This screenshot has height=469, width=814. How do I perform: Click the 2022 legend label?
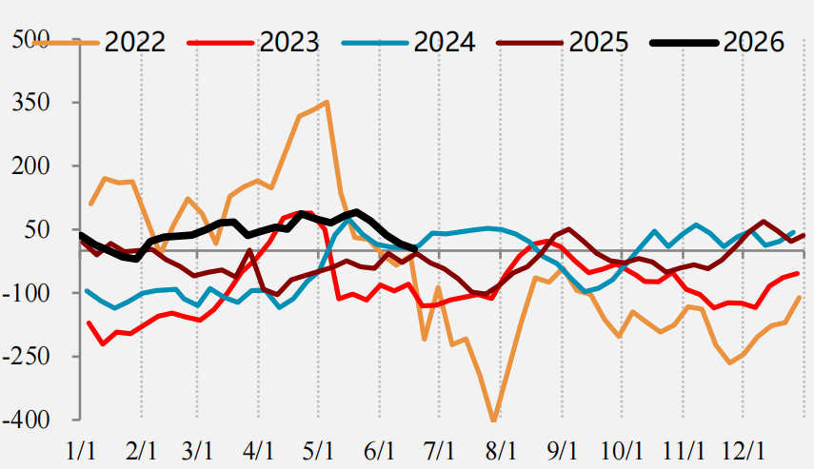point(135,42)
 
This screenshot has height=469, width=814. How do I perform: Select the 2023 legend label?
point(289,42)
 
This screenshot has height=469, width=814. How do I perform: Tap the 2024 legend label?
point(445,42)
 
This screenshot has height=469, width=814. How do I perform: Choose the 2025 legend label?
point(599,42)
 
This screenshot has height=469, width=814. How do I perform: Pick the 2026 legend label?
point(753,42)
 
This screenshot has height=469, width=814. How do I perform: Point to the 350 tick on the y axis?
point(31,102)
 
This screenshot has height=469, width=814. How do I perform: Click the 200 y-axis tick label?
point(31,166)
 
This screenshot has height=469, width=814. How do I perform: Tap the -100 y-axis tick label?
point(27,293)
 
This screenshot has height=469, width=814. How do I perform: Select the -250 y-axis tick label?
point(27,357)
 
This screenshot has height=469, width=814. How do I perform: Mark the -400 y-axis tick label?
point(27,420)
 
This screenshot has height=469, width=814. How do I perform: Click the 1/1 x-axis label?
point(81,451)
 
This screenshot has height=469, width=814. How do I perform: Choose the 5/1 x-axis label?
point(318,451)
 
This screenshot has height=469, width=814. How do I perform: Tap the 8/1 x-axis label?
point(501,451)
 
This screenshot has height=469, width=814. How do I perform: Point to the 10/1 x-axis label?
point(622,451)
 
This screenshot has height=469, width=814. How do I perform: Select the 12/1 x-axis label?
point(744,451)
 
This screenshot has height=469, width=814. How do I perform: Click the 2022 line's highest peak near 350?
point(327,102)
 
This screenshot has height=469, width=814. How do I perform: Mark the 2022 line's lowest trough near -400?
point(494,420)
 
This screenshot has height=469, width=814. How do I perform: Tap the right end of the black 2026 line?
point(415,249)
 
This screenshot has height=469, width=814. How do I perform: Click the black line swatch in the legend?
point(685,43)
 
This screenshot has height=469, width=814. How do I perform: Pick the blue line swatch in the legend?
point(375,43)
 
